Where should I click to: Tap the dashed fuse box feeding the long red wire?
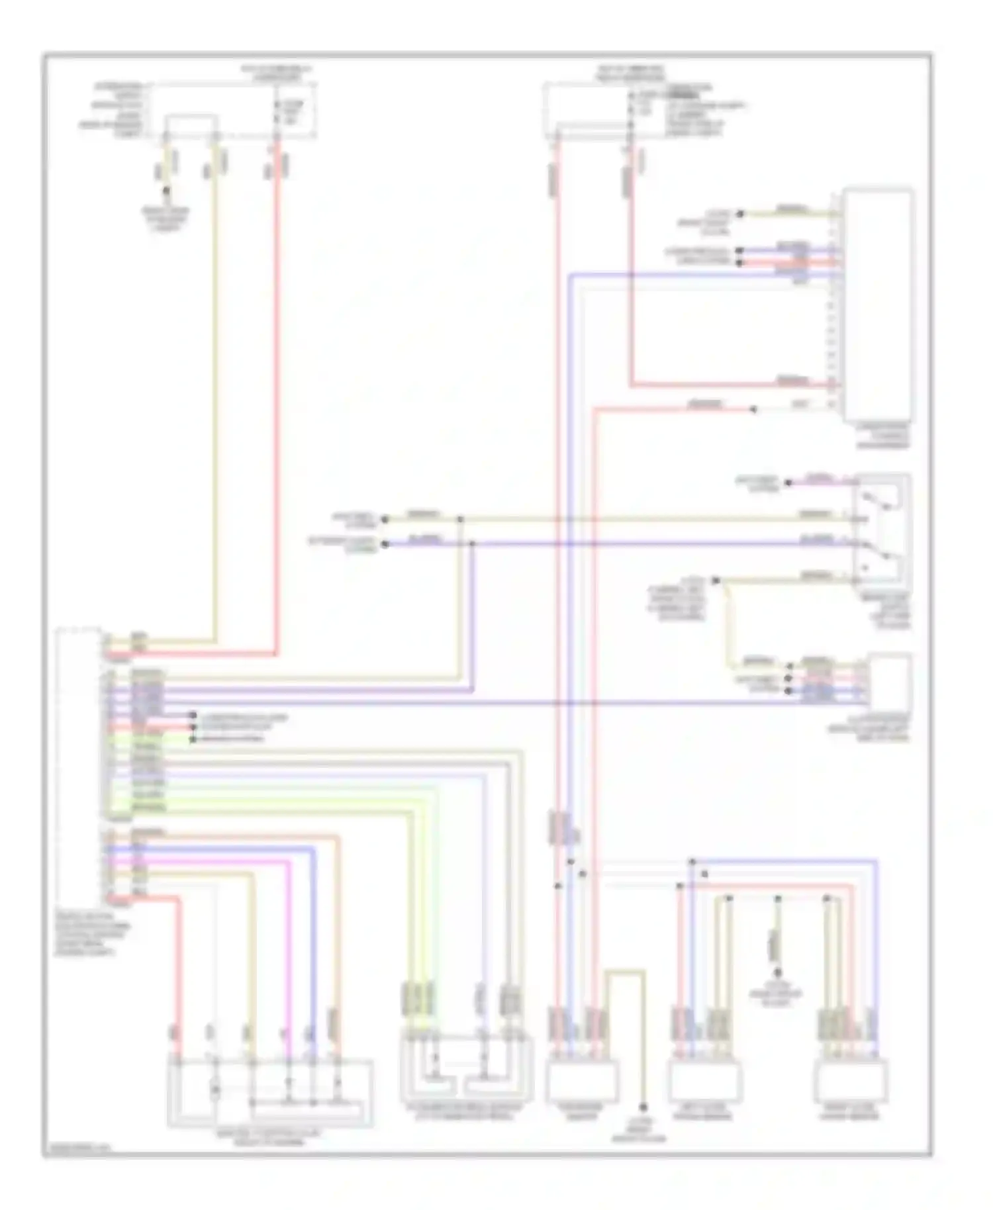pyautogui.click(x=232, y=111)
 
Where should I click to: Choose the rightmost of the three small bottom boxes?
pyautogui.click(x=851, y=1080)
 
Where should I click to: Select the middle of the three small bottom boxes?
pyautogui.click(x=705, y=1080)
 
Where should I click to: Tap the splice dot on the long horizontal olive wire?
pyautogui.click(x=460, y=520)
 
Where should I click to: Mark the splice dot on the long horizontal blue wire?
pyautogui.click(x=472, y=544)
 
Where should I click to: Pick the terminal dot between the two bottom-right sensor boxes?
pyautogui.click(x=778, y=973)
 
